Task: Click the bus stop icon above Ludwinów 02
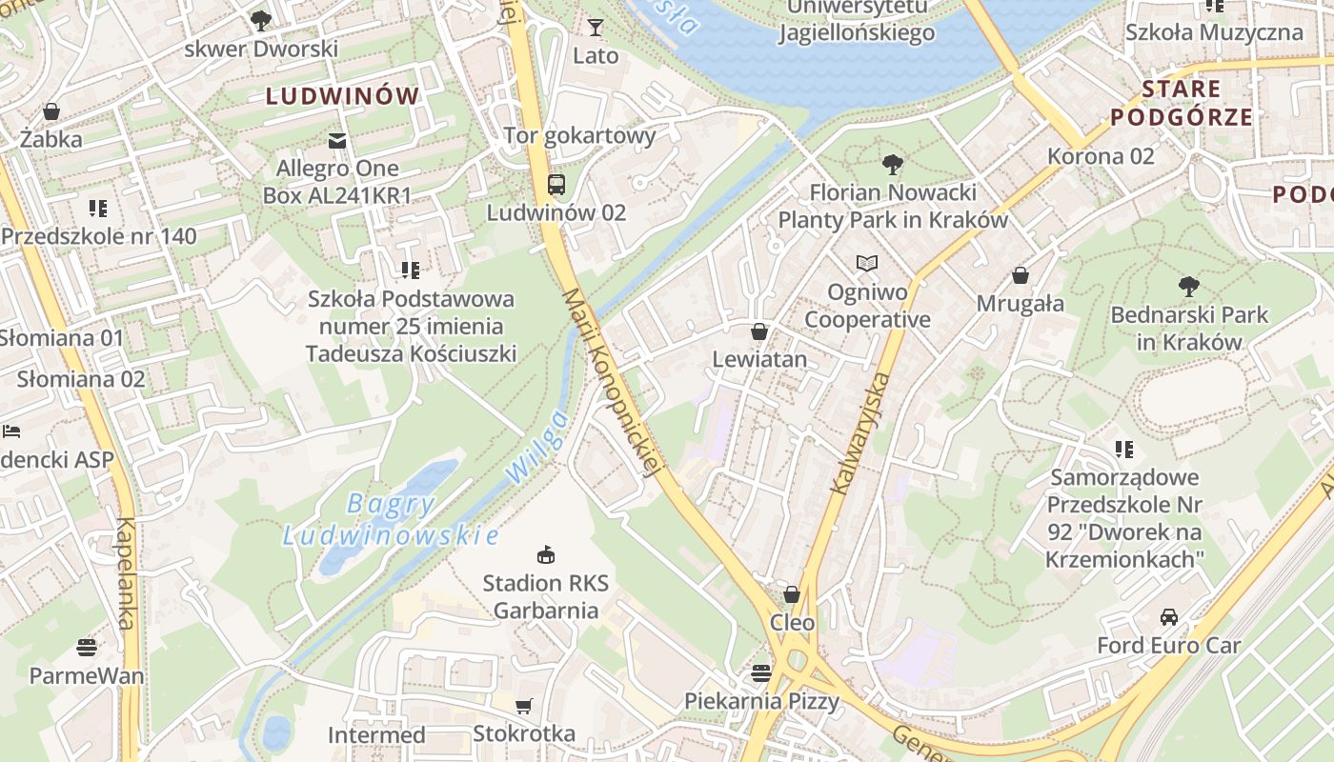556,184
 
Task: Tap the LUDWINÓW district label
342,96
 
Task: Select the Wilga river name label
536,446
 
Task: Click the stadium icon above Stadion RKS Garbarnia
546,554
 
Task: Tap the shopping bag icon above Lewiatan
759,331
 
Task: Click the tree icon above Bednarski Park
1188,286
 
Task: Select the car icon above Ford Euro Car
1169,617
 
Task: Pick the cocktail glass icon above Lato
596,27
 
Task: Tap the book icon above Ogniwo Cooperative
866,263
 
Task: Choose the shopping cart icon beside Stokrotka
523,706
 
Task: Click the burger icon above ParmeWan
87,648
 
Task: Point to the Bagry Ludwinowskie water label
391,519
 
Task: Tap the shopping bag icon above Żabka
51,111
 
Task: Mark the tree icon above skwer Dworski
259,20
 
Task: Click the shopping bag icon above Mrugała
1021,275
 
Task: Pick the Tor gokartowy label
579,135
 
